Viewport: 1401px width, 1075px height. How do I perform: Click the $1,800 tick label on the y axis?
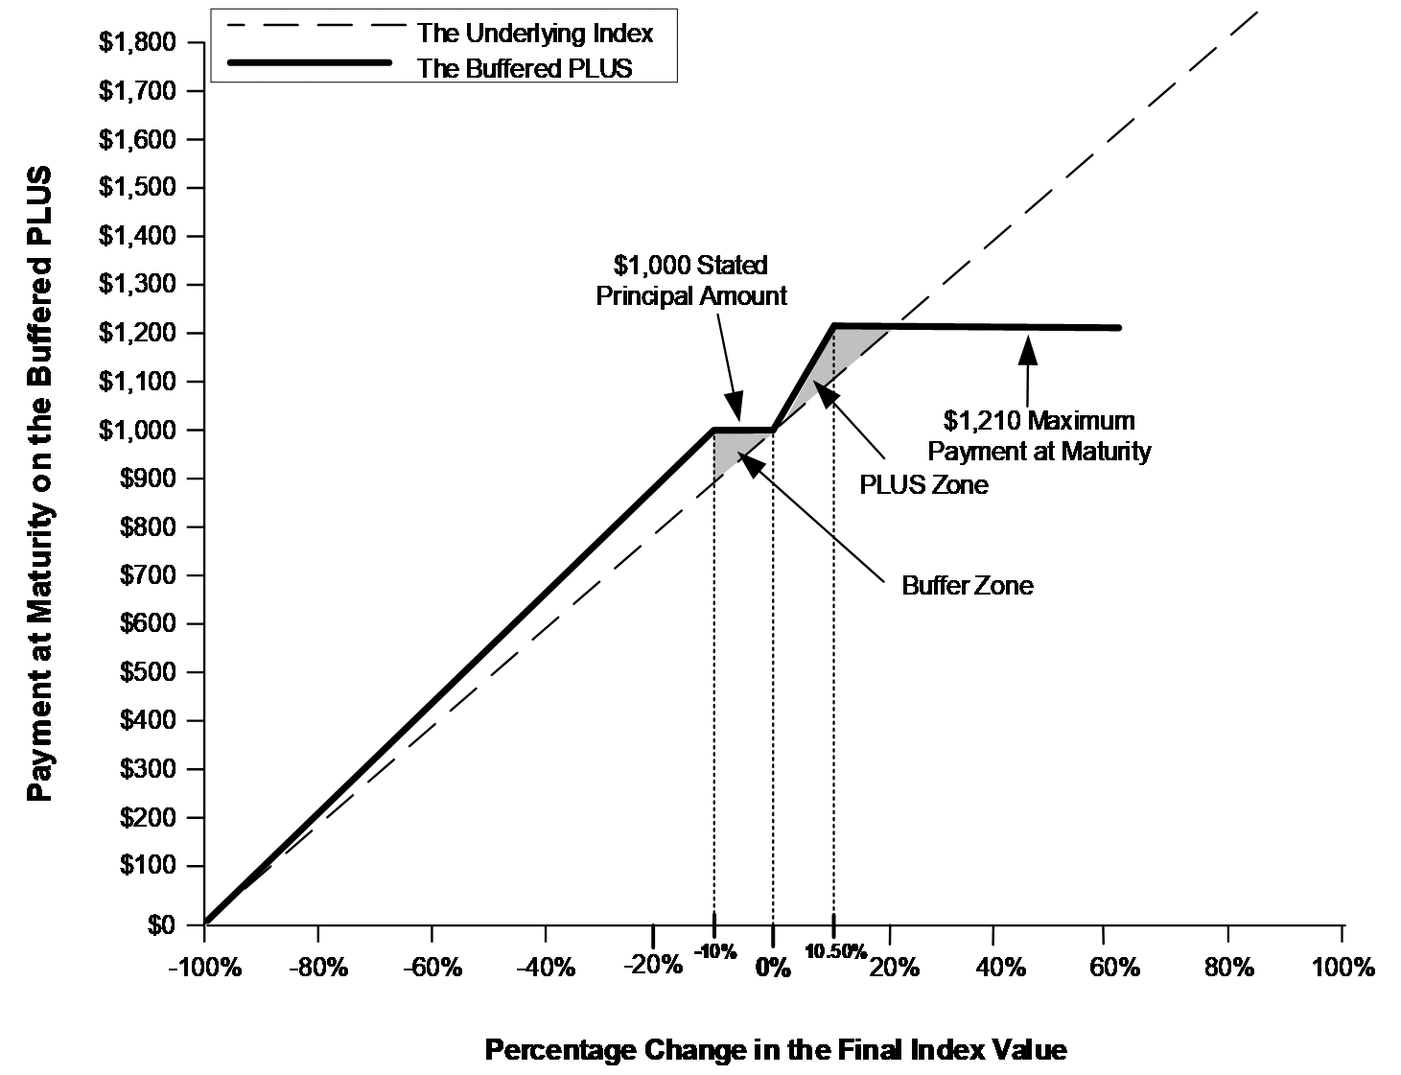click(137, 42)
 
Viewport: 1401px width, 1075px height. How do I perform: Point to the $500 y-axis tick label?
click(147, 672)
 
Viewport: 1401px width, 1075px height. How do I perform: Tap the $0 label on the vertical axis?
click(161, 925)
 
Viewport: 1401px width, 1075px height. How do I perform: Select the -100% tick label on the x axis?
click(205, 968)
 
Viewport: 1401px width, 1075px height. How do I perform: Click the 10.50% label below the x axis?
click(835, 951)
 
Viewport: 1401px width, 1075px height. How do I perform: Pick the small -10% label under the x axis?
click(715, 951)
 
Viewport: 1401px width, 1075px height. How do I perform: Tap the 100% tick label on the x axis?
click(1343, 968)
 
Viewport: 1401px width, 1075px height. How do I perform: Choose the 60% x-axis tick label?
click(1114, 968)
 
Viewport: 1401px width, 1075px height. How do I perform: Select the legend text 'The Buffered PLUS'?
click(525, 68)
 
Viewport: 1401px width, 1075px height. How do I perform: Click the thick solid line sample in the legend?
click(310, 62)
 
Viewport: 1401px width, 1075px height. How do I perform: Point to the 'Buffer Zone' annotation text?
click(968, 585)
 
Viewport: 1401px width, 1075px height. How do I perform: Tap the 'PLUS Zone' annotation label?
click(923, 484)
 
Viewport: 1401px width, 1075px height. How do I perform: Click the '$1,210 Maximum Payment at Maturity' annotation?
click(1039, 435)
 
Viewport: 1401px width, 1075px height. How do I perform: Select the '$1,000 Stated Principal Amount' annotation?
click(691, 281)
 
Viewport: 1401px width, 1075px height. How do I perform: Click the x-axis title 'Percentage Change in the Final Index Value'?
click(776, 1050)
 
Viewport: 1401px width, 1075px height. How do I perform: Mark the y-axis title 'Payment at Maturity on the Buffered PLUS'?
click(39, 483)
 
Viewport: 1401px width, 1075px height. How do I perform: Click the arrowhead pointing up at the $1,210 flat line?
click(1028, 351)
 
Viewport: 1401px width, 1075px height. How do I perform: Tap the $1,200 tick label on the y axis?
click(137, 333)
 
